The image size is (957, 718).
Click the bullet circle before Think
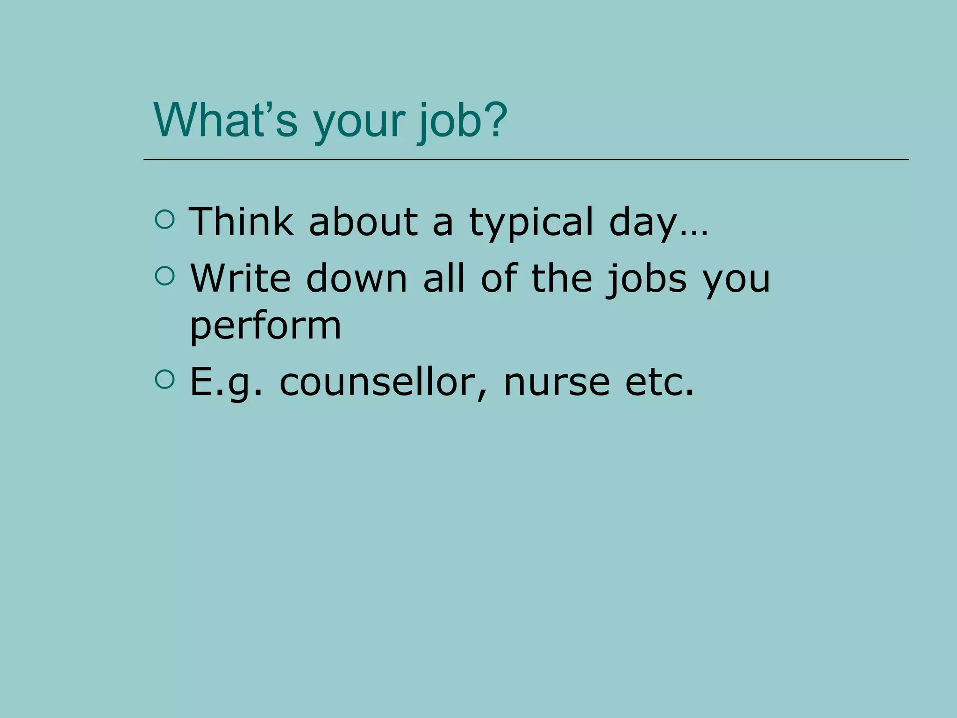[x=164, y=220]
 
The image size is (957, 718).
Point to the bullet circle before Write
[x=164, y=276]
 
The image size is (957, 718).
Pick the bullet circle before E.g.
[x=164, y=380]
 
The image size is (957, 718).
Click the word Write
[x=240, y=278]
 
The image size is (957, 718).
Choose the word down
[x=357, y=278]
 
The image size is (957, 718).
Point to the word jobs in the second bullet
[x=647, y=280]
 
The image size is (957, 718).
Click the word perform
[x=265, y=327]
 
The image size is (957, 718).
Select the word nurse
[x=557, y=382]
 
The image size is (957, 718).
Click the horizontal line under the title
[x=526, y=160]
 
